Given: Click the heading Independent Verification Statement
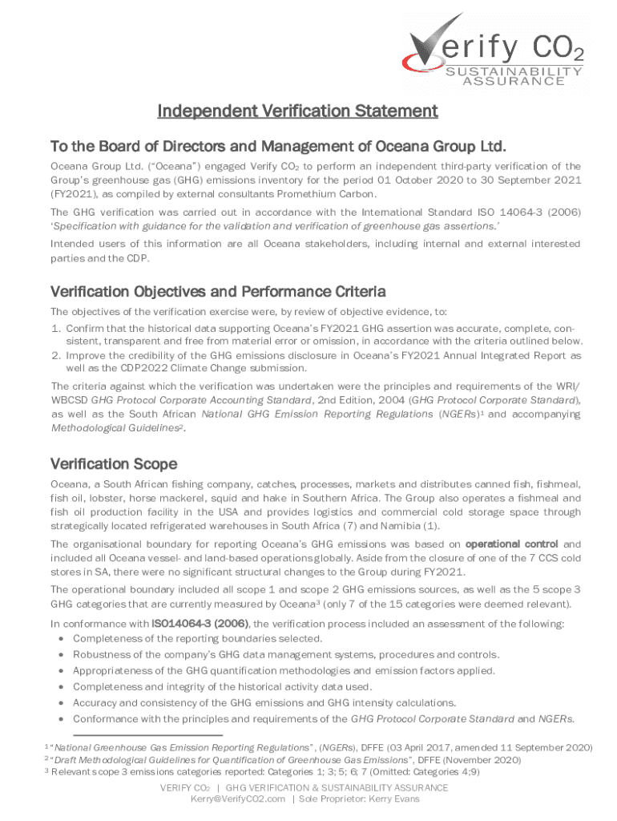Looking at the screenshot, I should tap(297, 110).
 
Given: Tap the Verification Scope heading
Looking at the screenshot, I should tap(114, 463).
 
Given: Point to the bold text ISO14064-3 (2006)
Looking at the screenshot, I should tap(200, 623).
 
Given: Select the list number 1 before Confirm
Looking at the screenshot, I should tap(55, 329).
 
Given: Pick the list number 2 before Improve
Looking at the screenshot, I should tap(55, 354).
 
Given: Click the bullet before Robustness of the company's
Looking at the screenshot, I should tap(62, 655).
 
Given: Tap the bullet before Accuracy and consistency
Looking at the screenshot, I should tap(62, 703).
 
